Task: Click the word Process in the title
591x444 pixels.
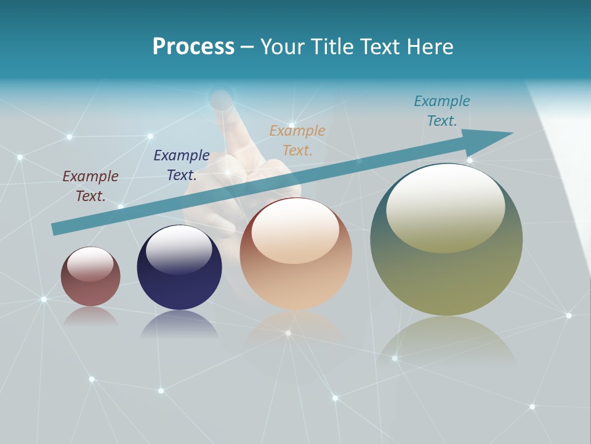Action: click(x=193, y=47)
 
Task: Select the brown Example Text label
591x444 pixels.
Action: click(x=90, y=186)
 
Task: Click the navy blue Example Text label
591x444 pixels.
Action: click(x=182, y=165)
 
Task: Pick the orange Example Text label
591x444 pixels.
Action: click(x=297, y=140)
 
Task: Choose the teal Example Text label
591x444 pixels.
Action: click(x=442, y=110)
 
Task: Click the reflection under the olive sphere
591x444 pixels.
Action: click(x=446, y=342)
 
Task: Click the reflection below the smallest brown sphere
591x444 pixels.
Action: click(x=90, y=316)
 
